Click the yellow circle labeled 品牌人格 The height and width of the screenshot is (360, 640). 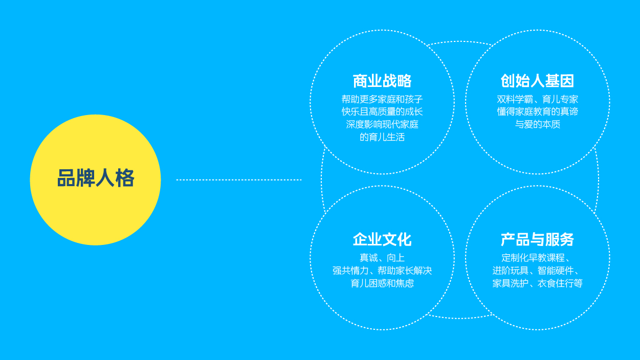point(96,180)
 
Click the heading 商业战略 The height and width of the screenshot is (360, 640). point(382,81)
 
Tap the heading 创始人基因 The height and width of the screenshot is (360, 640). point(538,81)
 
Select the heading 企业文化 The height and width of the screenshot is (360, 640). point(382,239)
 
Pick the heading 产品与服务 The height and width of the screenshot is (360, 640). point(538,239)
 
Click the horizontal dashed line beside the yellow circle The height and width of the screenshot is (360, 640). point(239,180)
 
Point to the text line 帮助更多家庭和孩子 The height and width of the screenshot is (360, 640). point(382,99)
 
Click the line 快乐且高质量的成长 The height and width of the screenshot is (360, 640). point(382,111)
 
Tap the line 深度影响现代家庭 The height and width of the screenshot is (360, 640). point(382,124)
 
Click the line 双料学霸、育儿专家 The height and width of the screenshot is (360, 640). point(538,99)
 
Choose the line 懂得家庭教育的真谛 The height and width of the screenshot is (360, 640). point(538,111)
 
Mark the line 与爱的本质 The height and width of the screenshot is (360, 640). point(538,124)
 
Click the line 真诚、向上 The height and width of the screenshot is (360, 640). point(382,258)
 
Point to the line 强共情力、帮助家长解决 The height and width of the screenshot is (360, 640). point(382,271)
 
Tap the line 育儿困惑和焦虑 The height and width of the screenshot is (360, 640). point(382,283)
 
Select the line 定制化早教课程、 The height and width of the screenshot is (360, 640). point(536,258)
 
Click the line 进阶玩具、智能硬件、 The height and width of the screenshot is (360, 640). point(536,271)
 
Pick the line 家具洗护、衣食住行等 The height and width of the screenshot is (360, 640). point(538,283)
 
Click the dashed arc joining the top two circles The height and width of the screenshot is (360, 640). point(459,42)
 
